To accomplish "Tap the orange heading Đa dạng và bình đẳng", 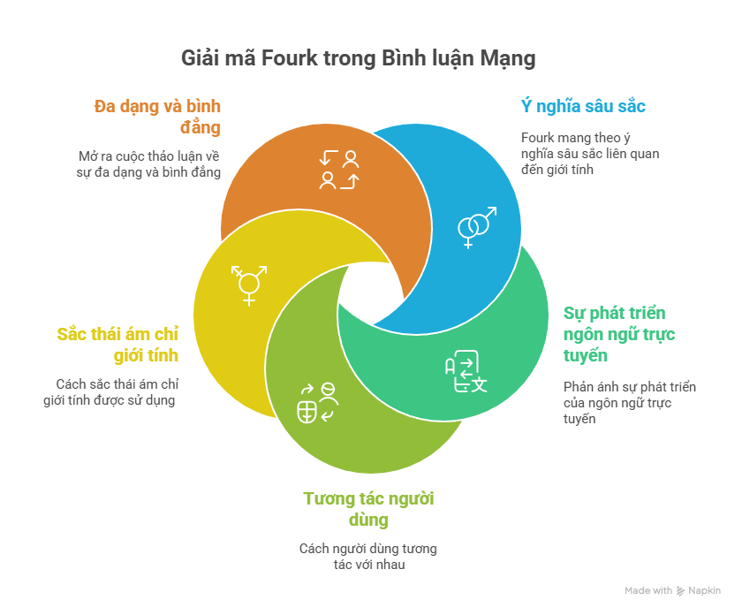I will coord(157,117).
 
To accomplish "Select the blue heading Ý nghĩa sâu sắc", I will coord(582,107).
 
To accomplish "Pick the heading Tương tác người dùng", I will coord(368,509).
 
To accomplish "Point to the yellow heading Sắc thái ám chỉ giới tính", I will coord(117,345).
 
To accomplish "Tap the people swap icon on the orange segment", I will coord(339,170).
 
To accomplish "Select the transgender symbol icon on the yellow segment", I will coord(249,285).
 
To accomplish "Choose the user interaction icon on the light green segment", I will coord(318,402).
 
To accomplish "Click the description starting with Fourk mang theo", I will coord(589,153).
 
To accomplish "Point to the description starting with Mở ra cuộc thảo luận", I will coord(148,163).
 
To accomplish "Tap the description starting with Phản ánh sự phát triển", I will coord(629,403).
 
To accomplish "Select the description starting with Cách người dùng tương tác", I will coord(367,556).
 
